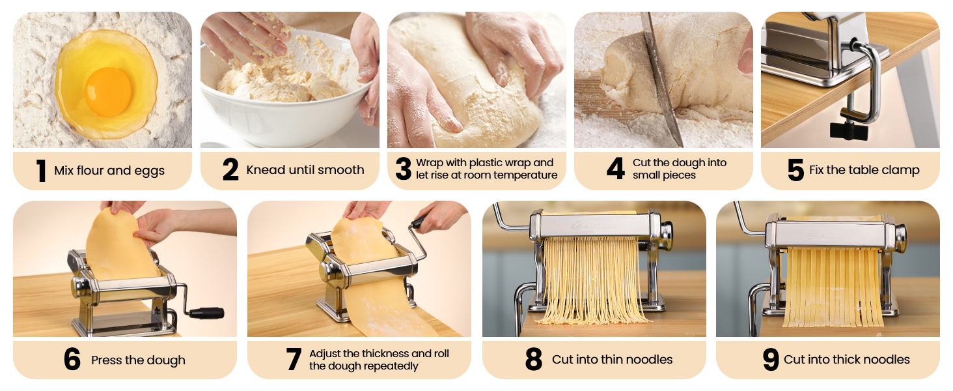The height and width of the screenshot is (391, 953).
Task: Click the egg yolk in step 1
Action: click(108, 91)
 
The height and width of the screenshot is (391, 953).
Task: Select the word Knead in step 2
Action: click(264, 170)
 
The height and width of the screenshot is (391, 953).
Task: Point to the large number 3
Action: click(404, 169)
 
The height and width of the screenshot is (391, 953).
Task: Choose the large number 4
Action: click(615, 169)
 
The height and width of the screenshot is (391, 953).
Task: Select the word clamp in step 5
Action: click(899, 170)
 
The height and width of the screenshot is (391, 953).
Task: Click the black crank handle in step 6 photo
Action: click(207, 313)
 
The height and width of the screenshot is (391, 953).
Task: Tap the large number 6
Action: click(72, 360)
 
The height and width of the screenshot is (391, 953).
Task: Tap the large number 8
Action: click(534, 360)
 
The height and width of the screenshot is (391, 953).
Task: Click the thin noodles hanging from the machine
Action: click(592, 280)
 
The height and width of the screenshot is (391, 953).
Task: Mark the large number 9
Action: click(771, 360)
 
